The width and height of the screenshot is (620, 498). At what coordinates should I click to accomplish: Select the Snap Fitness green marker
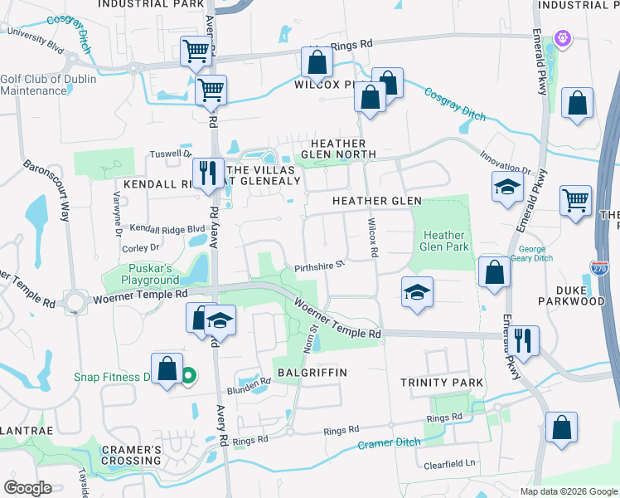pos(188,377)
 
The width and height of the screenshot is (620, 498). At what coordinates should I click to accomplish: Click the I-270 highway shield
pos(599,267)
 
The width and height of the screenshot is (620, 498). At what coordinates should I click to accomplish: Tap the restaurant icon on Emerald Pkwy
pos(524,339)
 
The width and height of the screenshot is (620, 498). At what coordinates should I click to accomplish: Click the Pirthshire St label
pos(318,266)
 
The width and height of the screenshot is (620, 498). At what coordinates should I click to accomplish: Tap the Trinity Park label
pos(441,381)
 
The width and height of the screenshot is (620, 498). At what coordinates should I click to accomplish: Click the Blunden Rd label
pos(249,383)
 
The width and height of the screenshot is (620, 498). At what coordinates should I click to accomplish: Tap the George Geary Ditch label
pos(544,254)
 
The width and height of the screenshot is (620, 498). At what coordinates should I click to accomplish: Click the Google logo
pos(28,488)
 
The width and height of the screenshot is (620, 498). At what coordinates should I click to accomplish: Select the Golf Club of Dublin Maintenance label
pos(48,85)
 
